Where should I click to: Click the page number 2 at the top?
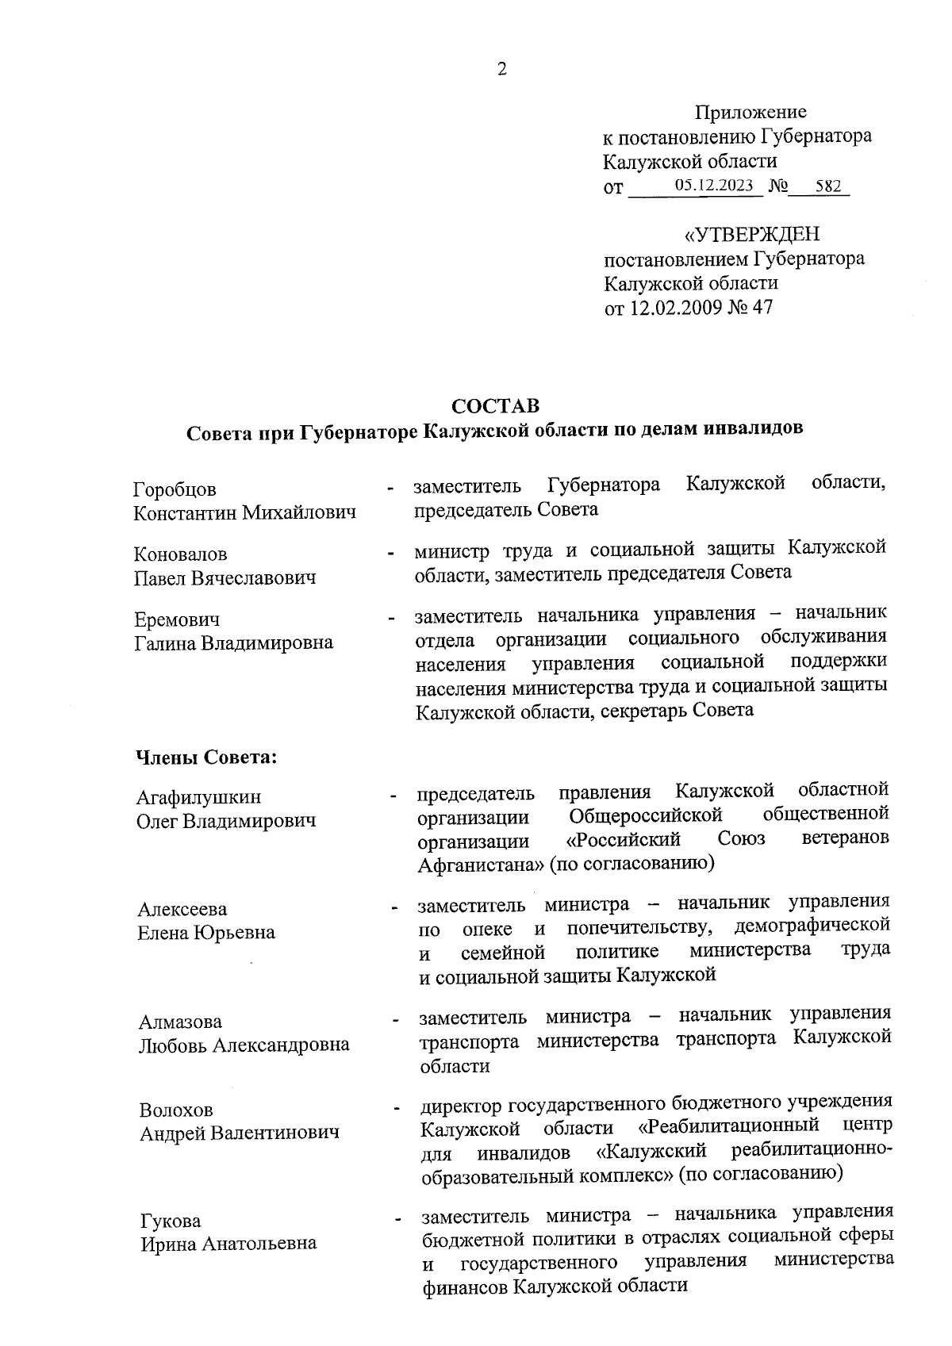(x=501, y=69)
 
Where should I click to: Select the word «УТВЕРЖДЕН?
(x=751, y=235)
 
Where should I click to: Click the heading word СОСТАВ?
(x=495, y=406)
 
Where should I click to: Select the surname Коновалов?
(x=181, y=554)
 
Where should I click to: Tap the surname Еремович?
(x=177, y=619)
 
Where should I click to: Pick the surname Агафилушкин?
(x=198, y=797)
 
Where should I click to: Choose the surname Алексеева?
(x=182, y=909)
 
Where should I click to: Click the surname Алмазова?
(x=180, y=1022)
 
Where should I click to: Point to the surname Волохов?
(x=176, y=1110)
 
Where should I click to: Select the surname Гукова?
(x=171, y=1220)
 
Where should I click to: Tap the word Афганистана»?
(x=481, y=864)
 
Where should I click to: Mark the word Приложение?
(x=750, y=113)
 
